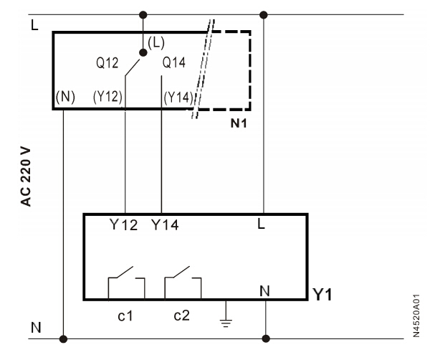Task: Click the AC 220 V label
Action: [x=26, y=175]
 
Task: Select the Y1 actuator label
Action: [x=321, y=295]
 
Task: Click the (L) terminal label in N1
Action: [x=156, y=42]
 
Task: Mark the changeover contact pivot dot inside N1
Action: [x=143, y=52]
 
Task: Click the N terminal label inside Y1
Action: [x=264, y=291]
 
